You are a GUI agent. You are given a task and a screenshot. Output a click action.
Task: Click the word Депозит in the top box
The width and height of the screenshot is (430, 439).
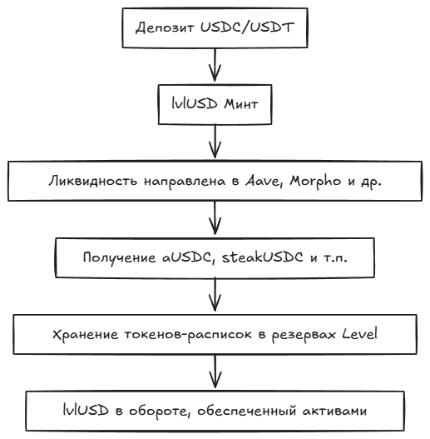[165, 28]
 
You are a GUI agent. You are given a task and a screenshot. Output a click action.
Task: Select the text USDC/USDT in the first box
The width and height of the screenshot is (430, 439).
[247, 27]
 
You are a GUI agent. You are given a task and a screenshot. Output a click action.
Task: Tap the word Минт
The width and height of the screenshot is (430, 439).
[241, 104]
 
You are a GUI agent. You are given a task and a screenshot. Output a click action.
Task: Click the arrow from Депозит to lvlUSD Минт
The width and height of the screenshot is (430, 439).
[215, 65]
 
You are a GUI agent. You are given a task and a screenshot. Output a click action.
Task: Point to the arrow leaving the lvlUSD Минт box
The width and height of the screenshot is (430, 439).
[215, 141]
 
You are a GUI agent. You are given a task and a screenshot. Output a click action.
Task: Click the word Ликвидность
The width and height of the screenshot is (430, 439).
[93, 181]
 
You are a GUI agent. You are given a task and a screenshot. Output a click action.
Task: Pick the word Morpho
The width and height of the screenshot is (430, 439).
[315, 182]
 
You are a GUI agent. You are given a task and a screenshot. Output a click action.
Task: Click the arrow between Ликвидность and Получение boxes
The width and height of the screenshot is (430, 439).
[215, 217]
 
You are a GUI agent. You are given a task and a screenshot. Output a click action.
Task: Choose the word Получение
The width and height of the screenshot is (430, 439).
[119, 257]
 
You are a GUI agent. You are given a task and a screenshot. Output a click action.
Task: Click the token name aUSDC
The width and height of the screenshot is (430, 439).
[186, 257]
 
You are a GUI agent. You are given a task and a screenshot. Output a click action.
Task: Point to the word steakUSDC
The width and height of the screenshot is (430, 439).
[262, 257]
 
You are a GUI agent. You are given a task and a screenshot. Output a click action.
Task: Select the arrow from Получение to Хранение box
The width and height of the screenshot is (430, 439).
[215, 295]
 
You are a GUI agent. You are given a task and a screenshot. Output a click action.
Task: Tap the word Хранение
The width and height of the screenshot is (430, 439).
[86, 334]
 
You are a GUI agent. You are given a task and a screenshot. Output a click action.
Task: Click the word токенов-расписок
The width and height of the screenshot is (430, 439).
[188, 334]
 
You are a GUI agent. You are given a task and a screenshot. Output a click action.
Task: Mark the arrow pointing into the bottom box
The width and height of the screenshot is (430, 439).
[215, 372]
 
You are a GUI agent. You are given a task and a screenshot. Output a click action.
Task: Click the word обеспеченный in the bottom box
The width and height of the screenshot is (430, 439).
[246, 411]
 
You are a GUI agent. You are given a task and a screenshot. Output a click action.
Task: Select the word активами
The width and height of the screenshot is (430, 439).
[334, 411]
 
